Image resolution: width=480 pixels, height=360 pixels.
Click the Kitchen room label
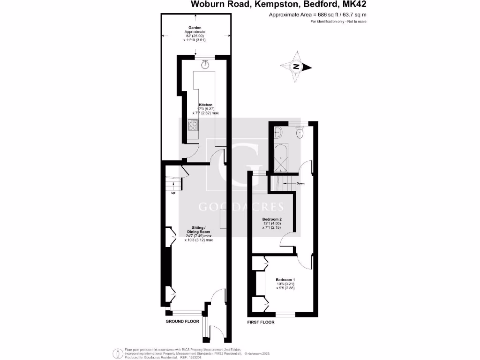(206, 105)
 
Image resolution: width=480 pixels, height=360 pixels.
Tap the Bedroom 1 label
(285, 280)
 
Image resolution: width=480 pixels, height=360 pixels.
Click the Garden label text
(195, 28)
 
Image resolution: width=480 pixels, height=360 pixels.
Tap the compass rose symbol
(296, 67)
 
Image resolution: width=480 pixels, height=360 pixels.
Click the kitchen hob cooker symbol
(193, 125)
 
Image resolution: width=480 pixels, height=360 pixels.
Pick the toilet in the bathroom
(300, 134)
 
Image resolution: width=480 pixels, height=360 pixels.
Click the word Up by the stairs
(173, 193)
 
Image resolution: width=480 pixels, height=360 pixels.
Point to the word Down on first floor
(300, 183)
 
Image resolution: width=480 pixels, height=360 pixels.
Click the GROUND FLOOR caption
(182, 322)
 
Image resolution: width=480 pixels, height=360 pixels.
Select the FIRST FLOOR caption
(261, 322)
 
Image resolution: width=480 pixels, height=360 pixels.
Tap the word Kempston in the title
(266, 5)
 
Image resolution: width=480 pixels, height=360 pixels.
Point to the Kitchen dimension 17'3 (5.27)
(206, 109)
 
